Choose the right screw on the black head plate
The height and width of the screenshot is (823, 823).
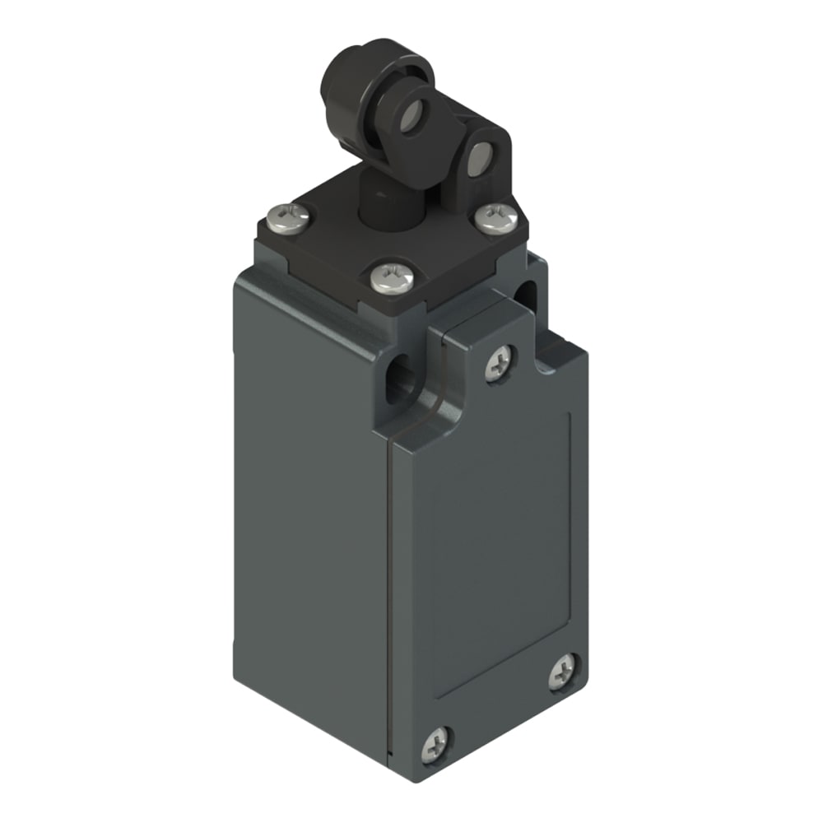pyautogui.click(x=498, y=218)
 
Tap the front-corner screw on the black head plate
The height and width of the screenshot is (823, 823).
pyautogui.click(x=389, y=278)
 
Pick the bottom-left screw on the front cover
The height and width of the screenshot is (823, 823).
pyautogui.click(x=436, y=745)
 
